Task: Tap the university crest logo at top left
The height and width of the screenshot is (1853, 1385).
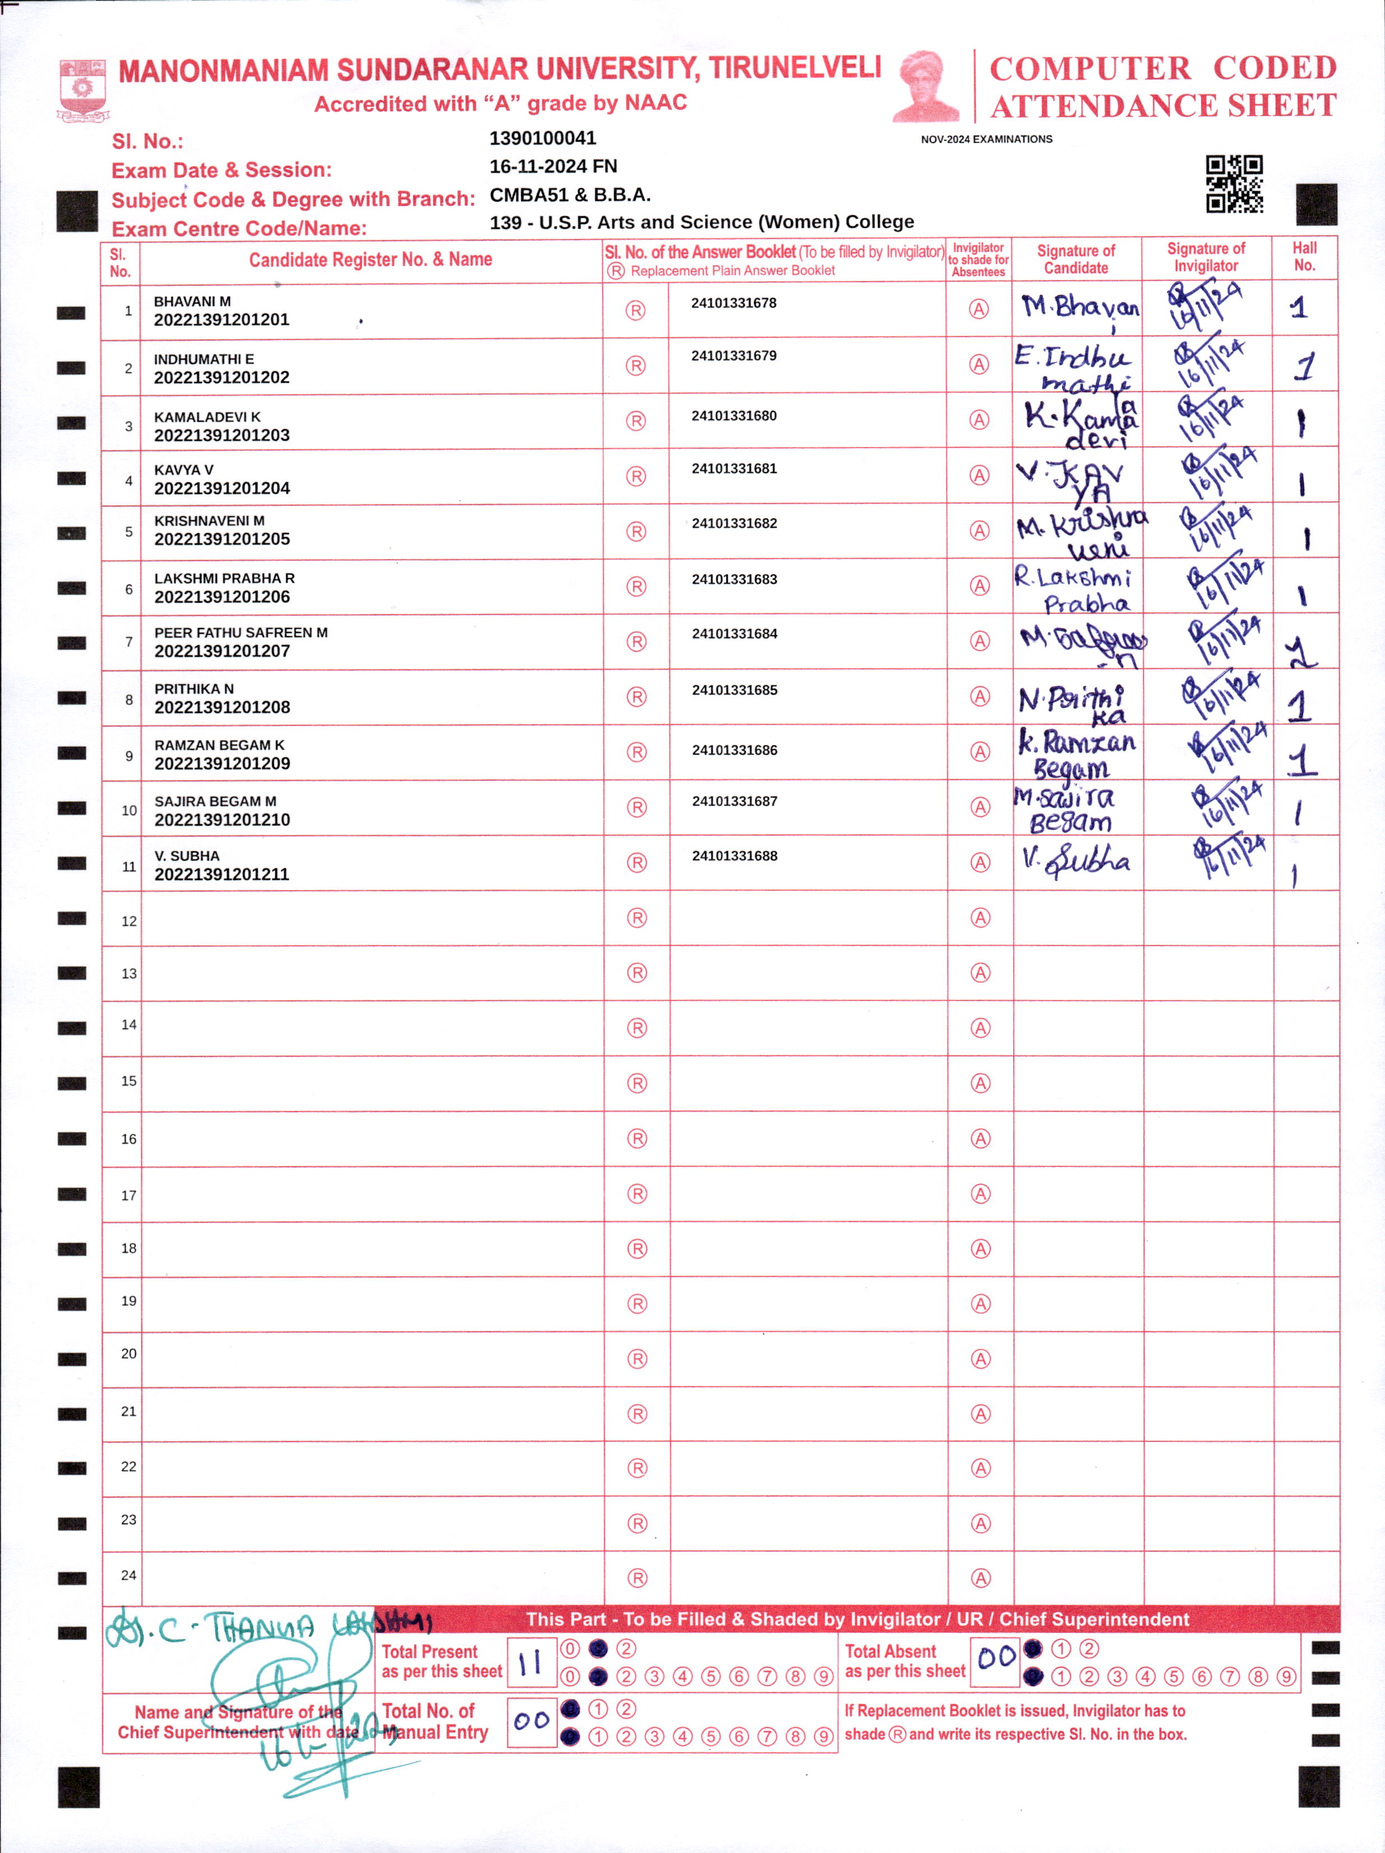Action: (82, 90)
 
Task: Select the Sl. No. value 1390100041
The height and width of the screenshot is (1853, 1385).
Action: (542, 138)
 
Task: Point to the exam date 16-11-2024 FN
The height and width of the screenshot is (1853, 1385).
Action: (553, 166)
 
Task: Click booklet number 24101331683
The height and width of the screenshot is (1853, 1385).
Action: (734, 579)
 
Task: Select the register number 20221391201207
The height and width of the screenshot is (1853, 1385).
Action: (222, 651)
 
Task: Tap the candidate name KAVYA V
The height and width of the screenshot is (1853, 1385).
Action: (184, 470)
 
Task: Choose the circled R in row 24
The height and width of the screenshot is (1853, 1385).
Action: (637, 1578)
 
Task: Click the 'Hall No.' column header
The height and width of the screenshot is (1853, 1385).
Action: (1304, 257)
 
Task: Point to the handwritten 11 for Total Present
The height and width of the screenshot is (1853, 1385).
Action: (531, 1663)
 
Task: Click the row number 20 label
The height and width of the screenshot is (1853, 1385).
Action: (128, 1354)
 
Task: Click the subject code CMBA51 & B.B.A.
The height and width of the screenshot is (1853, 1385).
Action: (570, 195)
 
